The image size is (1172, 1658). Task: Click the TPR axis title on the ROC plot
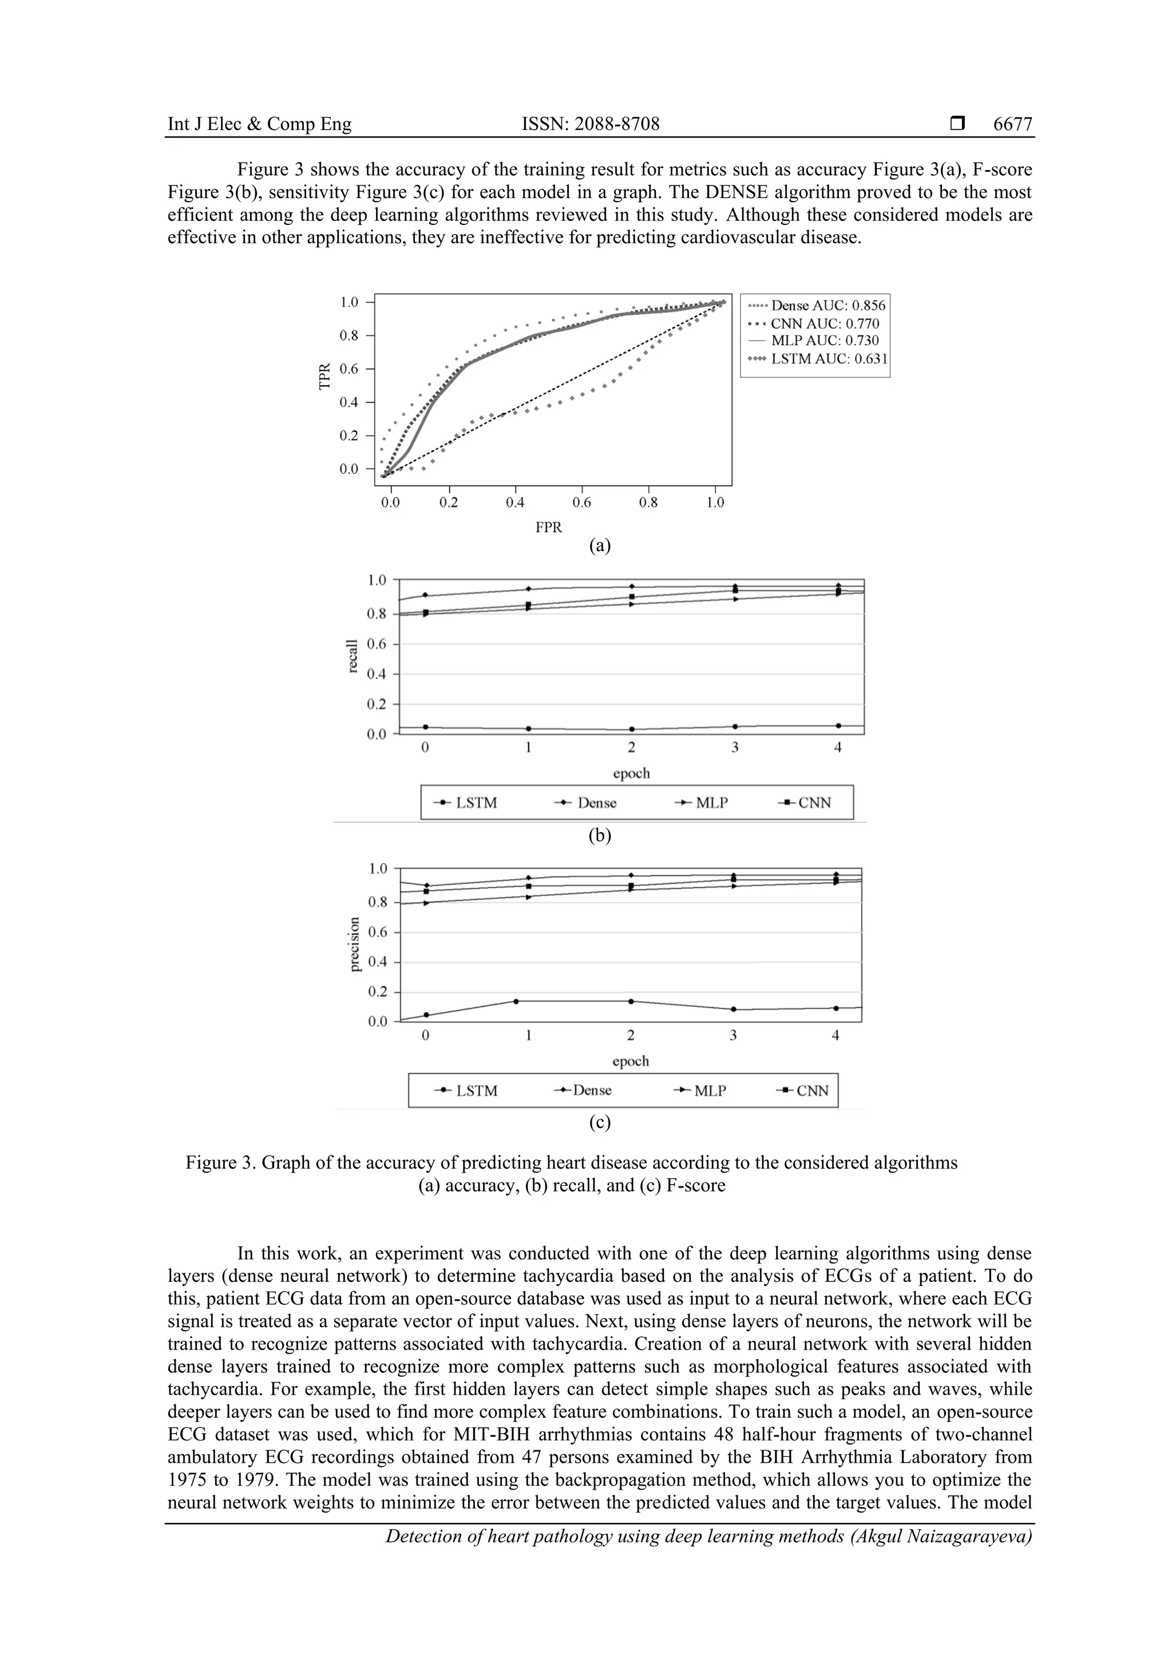click(324, 376)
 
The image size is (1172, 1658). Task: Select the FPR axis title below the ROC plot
click(548, 527)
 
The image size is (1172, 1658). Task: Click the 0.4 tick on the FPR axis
click(515, 502)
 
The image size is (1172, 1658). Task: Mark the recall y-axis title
click(353, 656)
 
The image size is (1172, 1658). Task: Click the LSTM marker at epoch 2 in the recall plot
click(632, 729)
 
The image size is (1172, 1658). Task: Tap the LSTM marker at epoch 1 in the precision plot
click(516, 1001)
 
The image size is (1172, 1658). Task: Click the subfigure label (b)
click(599, 836)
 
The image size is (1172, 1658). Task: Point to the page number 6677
click(1012, 124)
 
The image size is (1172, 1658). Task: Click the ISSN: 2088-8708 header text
click(590, 124)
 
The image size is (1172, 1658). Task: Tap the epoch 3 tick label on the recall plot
click(734, 748)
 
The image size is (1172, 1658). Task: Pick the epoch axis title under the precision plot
click(631, 1061)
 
